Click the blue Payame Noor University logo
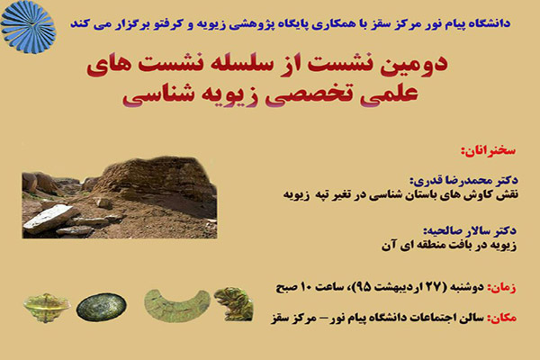click(x=28, y=27)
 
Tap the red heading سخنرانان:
click(x=489, y=150)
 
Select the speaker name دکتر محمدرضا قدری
click(x=463, y=180)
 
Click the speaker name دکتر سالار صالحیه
click(x=470, y=230)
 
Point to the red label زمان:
click(x=501, y=287)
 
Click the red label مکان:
click(x=501, y=318)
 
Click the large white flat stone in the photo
click(x=50, y=219)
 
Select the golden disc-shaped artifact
click(x=47, y=307)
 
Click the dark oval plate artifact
click(x=101, y=307)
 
